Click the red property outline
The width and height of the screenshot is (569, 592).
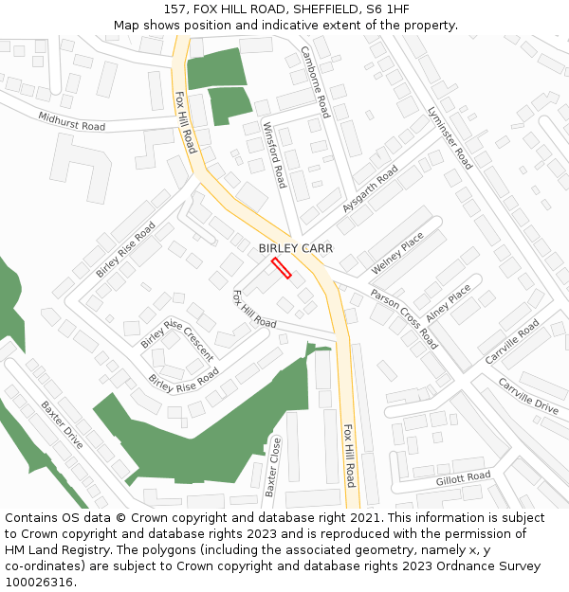pos(281,268)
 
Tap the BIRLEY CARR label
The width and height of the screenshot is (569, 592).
pos(296,248)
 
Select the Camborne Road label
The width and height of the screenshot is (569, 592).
pos(315,81)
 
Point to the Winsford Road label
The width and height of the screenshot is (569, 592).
pos(275,155)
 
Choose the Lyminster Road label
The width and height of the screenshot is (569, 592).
pos(450,138)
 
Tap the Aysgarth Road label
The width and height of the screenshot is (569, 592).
pos(371,188)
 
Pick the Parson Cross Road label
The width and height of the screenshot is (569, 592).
pos(404,319)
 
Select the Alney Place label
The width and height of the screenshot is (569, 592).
pos(449,303)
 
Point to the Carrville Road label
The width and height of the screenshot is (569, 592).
pos(512,342)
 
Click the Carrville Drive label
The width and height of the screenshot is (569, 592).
pos(528,395)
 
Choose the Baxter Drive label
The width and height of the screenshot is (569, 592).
pos(62,424)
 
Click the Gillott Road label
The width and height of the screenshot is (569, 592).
pos(463,478)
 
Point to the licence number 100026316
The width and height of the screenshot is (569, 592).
pos(39,583)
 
